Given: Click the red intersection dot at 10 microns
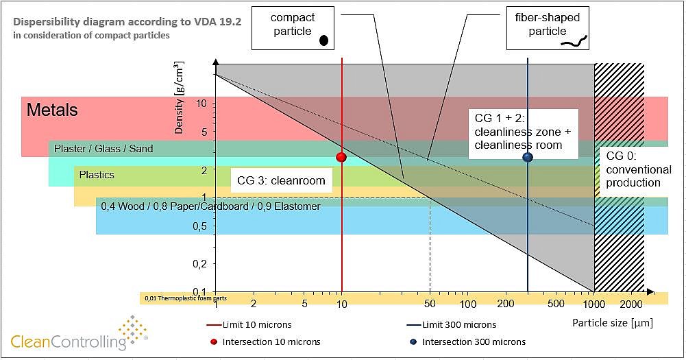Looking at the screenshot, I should pyautogui.click(x=341, y=157).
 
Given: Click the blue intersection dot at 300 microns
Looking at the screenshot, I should pyautogui.click(x=527, y=157).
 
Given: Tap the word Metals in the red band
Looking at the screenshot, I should pyautogui.click(x=52, y=110).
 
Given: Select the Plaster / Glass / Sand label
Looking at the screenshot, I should pyautogui.click(x=103, y=148).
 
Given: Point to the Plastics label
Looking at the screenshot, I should pyautogui.click(x=97, y=175).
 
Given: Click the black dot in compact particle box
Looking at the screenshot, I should pyautogui.click(x=323, y=40).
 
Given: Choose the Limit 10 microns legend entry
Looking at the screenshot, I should pyautogui.click(x=258, y=324).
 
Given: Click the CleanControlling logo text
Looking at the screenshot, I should pyautogui.click(x=69, y=340).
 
